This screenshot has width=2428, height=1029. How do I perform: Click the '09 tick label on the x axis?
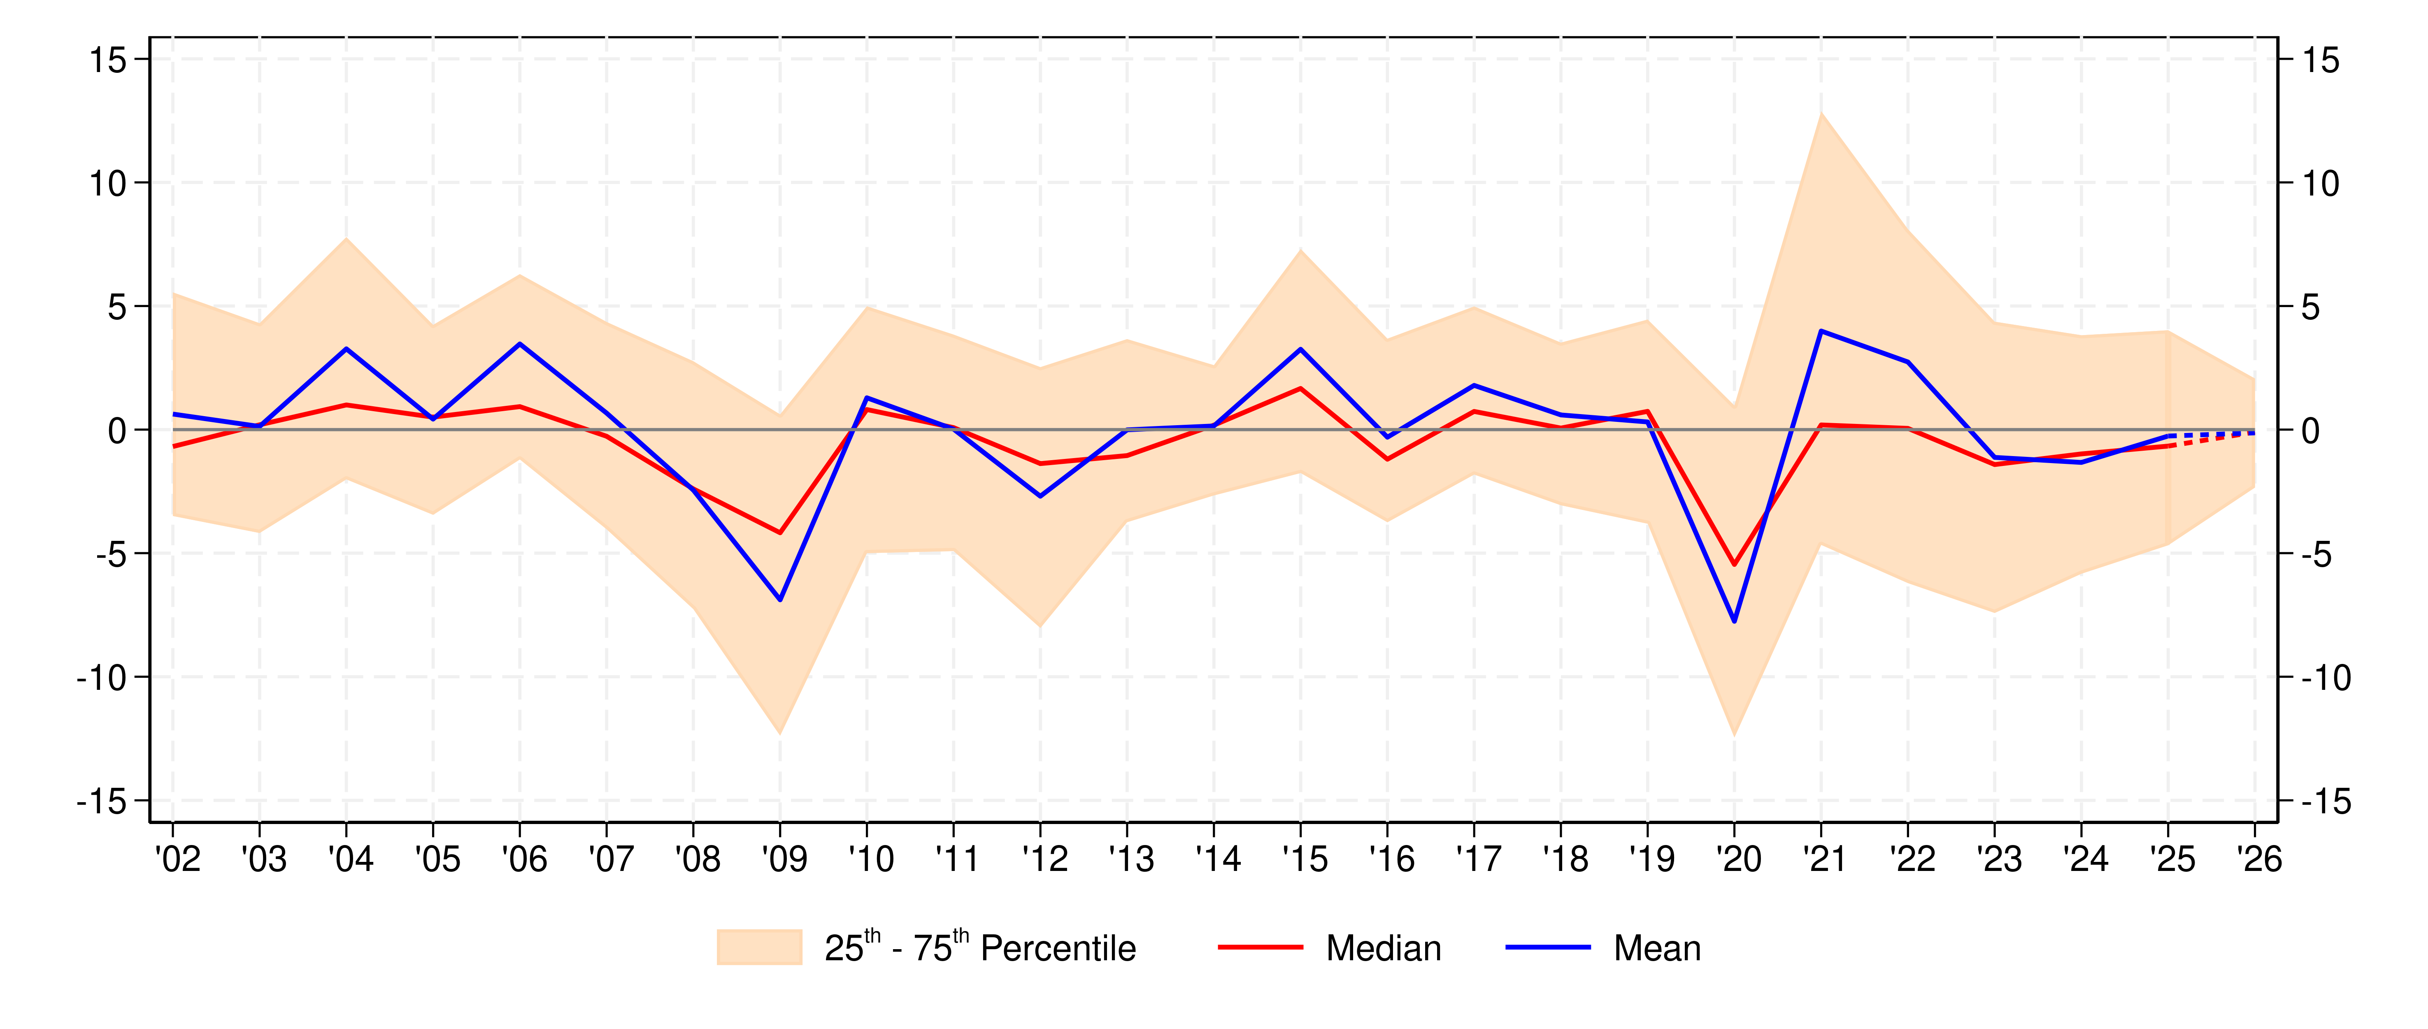click(784, 859)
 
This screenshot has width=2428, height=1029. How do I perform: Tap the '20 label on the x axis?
click(1738, 859)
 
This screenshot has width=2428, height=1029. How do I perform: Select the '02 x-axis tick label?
click(177, 859)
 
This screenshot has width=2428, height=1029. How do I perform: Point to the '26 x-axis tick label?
click(2258, 859)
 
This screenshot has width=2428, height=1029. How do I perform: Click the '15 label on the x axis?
click(1305, 859)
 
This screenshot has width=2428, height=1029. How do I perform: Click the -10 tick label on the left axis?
click(101, 677)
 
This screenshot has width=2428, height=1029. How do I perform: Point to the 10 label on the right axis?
click(2321, 184)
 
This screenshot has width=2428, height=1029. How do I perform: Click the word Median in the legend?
click(1384, 948)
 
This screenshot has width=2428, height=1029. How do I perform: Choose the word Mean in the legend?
click(1657, 948)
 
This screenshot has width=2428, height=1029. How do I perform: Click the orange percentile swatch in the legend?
click(759, 947)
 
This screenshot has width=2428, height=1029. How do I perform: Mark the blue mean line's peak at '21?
click(1821, 331)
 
